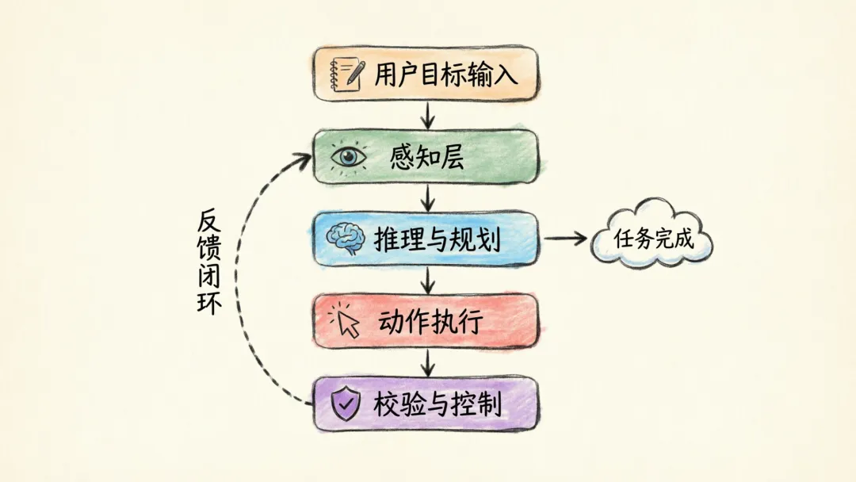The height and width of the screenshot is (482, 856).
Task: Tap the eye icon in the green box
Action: (348, 156)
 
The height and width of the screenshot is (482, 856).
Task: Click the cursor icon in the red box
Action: (346, 320)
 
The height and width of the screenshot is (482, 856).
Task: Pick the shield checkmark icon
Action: (346, 404)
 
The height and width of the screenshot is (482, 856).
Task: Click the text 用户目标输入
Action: (447, 74)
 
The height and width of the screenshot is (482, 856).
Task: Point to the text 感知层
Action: (427, 157)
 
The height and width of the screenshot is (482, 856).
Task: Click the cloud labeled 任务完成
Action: (653, 237)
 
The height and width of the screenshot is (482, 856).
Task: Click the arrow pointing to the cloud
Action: (564, 238)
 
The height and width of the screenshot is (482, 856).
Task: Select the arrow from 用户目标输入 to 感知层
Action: (428, 115)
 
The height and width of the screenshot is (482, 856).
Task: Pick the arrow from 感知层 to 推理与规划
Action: (428, 197)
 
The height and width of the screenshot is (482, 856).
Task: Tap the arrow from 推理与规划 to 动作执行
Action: (428, 279)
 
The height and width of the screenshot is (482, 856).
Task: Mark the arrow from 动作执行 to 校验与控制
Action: (428, 362)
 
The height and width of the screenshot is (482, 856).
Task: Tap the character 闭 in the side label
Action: (208, 275)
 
